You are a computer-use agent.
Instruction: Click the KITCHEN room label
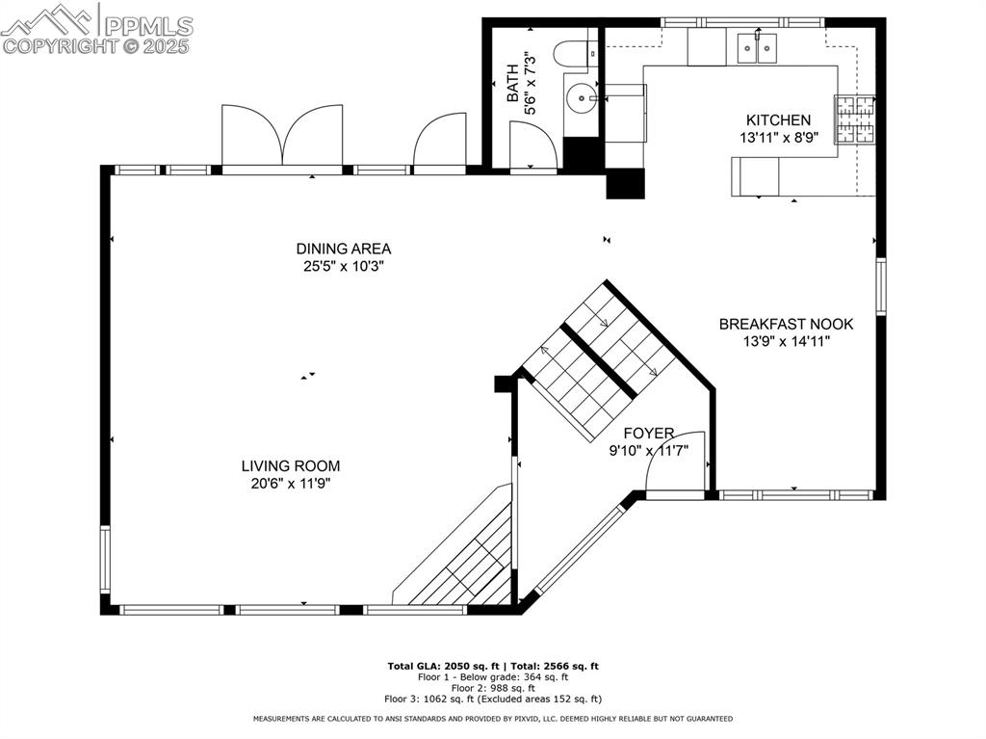tap(778, 120)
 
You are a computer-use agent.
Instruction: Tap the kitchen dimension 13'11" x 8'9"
tap(778, 138)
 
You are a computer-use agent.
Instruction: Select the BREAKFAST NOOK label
tap(786, 324)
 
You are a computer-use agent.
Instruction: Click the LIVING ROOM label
tap(290, 466)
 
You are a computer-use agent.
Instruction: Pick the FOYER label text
tap(648, 434)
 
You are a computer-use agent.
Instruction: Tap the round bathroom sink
tap(581, 96)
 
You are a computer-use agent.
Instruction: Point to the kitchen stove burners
tap(854, 120)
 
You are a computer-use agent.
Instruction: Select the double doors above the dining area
tap(282, 136)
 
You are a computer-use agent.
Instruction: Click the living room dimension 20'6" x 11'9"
tap(290, 484)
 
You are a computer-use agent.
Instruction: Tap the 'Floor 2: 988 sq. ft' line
tap(492, 688)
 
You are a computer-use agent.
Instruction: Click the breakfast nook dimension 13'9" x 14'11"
tap(786, 341)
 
